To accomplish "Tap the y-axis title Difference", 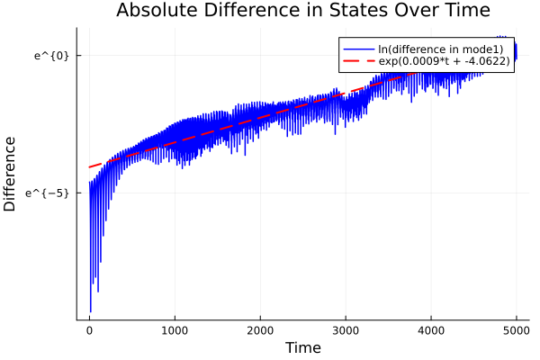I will coord(11,174).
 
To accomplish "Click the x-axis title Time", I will coord(302,347).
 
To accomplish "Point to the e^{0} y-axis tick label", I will coord(51,56).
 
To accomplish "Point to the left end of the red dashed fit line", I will coord(89,166).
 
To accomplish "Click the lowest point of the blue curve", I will coord(90,311).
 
